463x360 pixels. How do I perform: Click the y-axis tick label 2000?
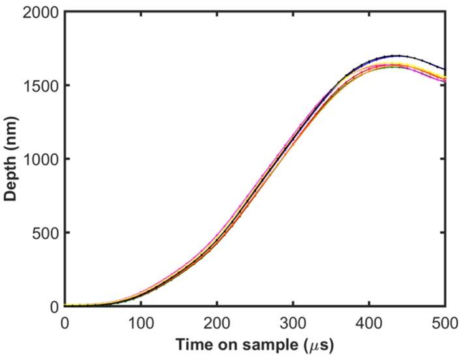click(40, 12)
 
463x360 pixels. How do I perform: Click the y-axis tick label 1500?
click(40, 86)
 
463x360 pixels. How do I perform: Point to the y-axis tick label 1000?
click(40, 159)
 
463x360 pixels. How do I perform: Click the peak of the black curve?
click(396, 55)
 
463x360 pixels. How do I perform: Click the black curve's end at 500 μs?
click(445, 70)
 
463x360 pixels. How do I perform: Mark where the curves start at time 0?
click(65, 305)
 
